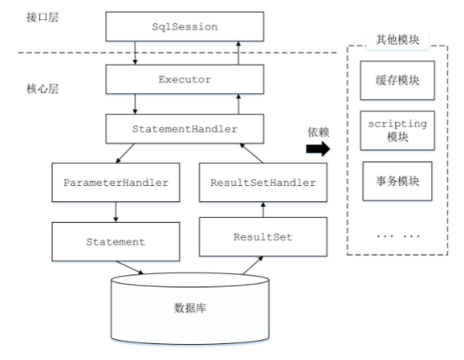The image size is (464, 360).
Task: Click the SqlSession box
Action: click(185, 27)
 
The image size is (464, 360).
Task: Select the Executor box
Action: click(185, 80)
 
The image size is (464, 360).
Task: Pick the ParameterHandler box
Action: click(116, 182)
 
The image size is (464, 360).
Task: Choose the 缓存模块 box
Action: click(397, 81)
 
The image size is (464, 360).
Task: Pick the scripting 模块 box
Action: click(397, 131)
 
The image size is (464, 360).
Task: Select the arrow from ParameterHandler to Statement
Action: click(116, 210)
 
